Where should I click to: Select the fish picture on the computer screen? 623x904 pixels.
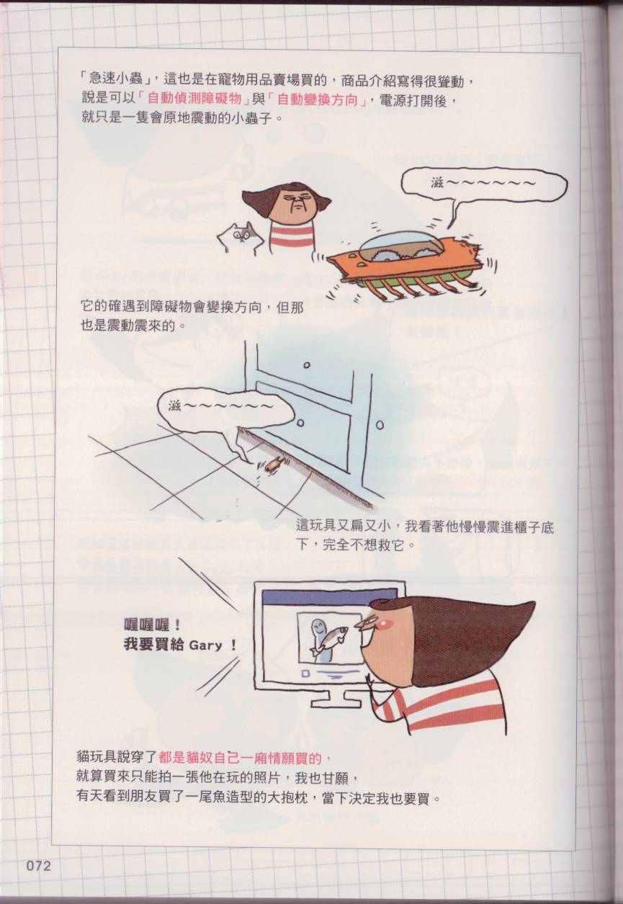[x=328, y=637]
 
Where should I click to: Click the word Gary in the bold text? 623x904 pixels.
[x=206, y=645]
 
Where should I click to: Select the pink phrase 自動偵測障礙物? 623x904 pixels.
[x=194, y=99]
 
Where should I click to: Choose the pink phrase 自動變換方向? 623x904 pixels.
[x=318, y=99]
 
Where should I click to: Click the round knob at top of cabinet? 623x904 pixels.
[x=307, y=365]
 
